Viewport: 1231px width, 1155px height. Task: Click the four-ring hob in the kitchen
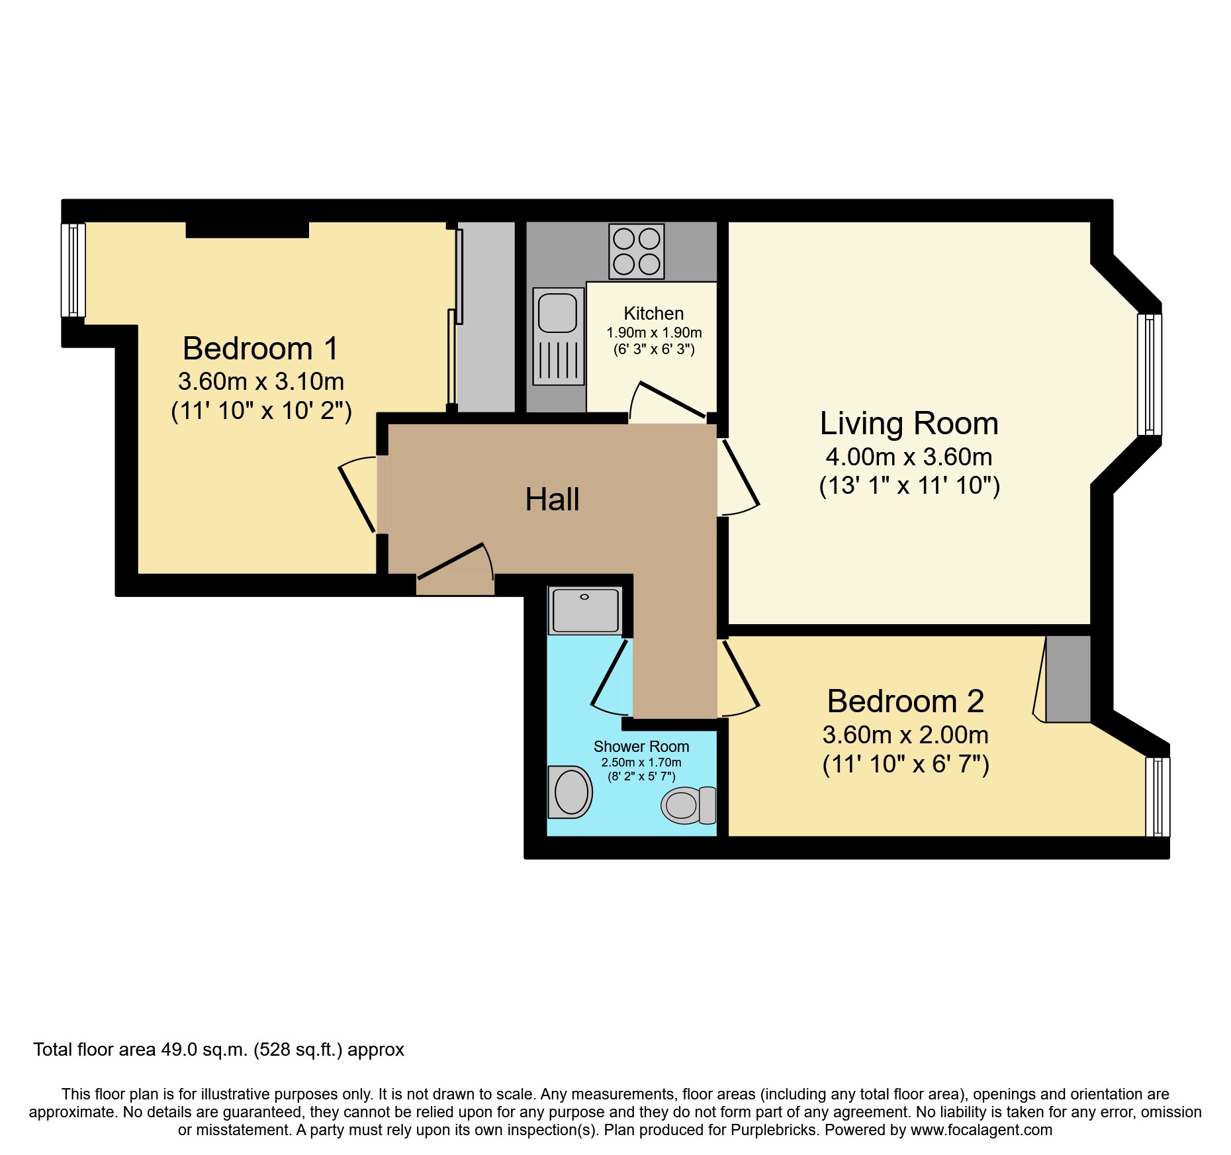[636, 252]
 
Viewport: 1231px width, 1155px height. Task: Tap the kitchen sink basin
[557, 313]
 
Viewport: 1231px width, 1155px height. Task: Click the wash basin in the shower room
[570, 792]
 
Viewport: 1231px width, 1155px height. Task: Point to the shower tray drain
[584, 597]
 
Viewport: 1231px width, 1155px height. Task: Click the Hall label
[552, 500]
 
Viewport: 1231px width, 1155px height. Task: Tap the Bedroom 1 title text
[260, 349]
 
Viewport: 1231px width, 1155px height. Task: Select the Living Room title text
[909, 424]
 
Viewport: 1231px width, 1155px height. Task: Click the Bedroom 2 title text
[905, 702]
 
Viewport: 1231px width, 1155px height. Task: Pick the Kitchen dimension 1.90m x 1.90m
[654, 333]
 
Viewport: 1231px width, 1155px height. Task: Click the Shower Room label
[641, 747]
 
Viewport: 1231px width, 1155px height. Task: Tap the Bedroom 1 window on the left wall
[73, 270]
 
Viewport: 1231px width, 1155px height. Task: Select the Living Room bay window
[1149, 375]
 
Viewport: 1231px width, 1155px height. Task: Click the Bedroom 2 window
[1158, 797]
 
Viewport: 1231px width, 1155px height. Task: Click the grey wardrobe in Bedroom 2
[1068, 679]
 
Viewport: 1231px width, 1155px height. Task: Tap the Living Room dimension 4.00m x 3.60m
[909, 457]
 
